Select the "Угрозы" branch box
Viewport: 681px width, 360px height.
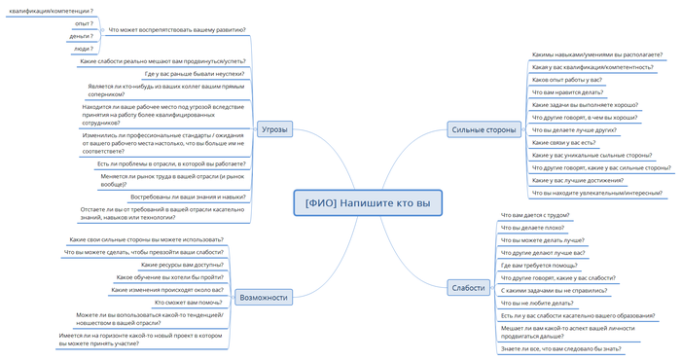273,129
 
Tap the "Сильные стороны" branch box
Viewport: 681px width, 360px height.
484,129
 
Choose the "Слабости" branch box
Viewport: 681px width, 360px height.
467,287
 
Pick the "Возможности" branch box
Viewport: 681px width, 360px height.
263,297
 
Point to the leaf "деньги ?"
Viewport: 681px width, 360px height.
82,35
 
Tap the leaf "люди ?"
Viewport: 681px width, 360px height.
83,48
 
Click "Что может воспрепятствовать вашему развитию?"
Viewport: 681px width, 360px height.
178,30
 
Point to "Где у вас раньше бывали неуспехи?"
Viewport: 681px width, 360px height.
195,73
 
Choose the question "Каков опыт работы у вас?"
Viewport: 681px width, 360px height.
567,80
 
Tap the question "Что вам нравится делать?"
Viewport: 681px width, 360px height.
568,92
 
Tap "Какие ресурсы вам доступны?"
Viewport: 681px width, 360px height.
182,264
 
